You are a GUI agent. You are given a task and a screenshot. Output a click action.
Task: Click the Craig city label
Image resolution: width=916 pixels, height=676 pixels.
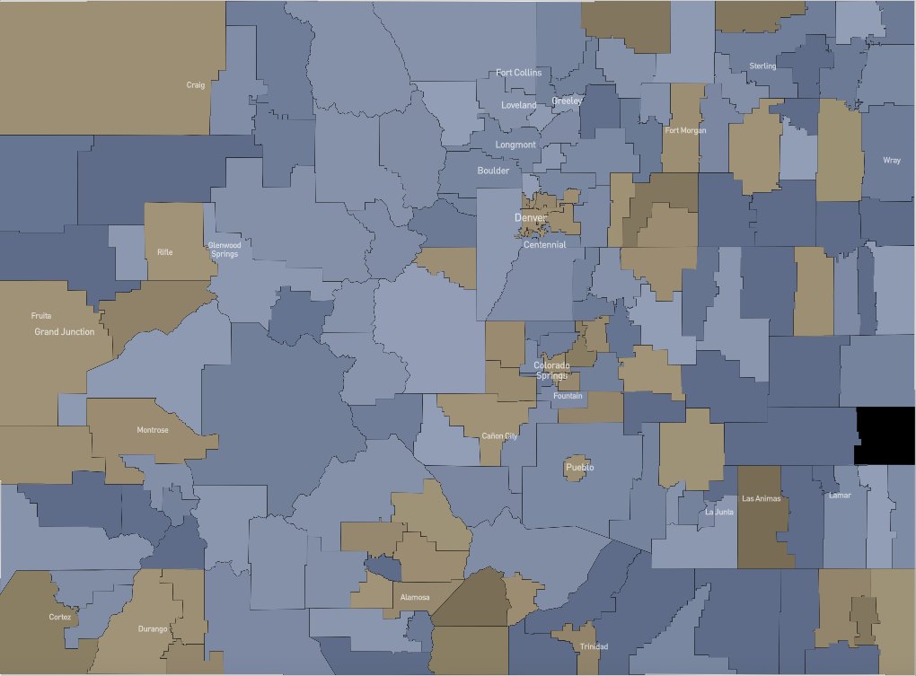tap(196, 85)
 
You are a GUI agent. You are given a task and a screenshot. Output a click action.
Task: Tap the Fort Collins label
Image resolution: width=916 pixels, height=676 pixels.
tap(519, 73)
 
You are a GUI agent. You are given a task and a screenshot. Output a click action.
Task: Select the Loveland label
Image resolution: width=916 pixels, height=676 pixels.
tap(519, 105)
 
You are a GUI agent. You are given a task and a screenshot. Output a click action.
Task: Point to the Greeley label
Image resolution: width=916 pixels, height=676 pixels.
tap(568, 101)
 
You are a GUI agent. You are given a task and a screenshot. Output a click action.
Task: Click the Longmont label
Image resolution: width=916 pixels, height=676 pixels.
tap(515, 145)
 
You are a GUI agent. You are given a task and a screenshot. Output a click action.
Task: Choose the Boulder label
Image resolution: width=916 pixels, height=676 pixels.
tap(493, 171)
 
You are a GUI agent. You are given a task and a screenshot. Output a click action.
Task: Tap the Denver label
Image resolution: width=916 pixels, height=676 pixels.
tap(531, 218)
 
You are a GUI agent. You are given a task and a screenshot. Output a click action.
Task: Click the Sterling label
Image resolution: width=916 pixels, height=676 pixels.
tap(762, 66)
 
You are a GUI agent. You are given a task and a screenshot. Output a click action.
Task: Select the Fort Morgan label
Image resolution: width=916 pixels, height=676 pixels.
tap(685, 131)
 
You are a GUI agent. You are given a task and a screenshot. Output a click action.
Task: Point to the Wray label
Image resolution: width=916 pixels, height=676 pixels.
tap(892, 161)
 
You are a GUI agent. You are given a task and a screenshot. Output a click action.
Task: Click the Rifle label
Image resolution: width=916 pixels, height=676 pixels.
tap(165, 252)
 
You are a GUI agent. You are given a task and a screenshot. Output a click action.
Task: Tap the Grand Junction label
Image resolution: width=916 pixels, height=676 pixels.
tap(65, 332)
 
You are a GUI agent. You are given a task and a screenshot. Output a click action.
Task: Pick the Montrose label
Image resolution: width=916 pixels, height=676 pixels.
tap(153, 430)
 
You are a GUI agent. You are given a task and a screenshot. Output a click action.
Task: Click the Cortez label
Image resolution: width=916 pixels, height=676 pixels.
tap(60, 618)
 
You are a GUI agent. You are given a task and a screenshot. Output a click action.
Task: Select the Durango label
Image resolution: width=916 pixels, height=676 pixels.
tap(153, 629)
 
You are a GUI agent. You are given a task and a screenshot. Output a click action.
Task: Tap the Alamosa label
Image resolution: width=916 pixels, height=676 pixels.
tap(415, 598)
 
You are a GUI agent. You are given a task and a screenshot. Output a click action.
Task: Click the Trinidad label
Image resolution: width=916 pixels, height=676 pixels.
tap(594, 647)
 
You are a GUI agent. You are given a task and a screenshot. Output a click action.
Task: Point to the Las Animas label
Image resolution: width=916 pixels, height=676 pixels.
tap(762, 498)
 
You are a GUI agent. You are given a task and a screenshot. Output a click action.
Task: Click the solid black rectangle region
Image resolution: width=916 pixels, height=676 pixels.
tap(885, 436)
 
